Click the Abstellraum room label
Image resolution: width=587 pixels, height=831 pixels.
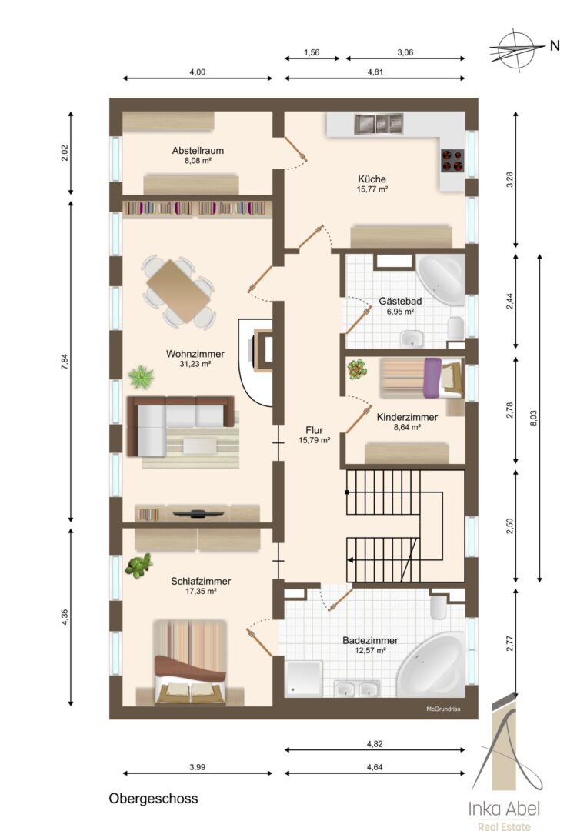pyautogui.click(x=198, y=151)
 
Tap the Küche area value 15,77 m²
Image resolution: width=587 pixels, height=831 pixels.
pyautogui.click(x=372, y=189)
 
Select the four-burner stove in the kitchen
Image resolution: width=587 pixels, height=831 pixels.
pyautogui.click(x=452, y=161)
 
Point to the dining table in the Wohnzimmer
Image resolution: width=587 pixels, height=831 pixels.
pyautogui.click(x=178, y=291)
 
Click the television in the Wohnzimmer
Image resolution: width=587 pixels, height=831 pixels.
pyautogui.click(x=196, y=512)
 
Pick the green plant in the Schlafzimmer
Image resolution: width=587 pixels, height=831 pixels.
pyautogui.click(x=138, y=566)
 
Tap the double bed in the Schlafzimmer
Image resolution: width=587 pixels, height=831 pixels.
pyautogui.click(x=190, y=662)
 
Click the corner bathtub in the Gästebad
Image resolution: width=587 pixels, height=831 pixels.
pyautogui.click(x=441, y=279)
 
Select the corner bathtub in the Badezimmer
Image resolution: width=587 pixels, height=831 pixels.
pyautogui.click(x=432, y=663)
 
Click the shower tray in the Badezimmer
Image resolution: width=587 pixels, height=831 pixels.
pyautogui.click(x=303, y=679)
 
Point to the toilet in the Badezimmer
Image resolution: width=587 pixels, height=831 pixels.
pyautogui.click(x=439, y=609)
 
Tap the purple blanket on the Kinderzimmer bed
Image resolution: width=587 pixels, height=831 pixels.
pyautogui.click(x=433, y=378)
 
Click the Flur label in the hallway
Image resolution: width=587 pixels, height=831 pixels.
pyautogui.click(x=314, y=430)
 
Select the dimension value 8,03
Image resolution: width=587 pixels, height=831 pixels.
pyautogui.click(x=533, y=418)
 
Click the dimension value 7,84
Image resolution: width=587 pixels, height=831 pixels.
pyautogui.click(x=65, y=361)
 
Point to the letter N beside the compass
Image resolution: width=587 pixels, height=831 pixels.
pyautogui.click(x=555, y=45)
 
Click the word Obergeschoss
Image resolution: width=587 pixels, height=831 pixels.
pyautogui.click(x=154, y=799)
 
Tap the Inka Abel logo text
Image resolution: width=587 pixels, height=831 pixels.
pyautogui.click(x=504, y=809)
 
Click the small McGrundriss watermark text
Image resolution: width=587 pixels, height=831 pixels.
pyautogui.click(x=443, y=709)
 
